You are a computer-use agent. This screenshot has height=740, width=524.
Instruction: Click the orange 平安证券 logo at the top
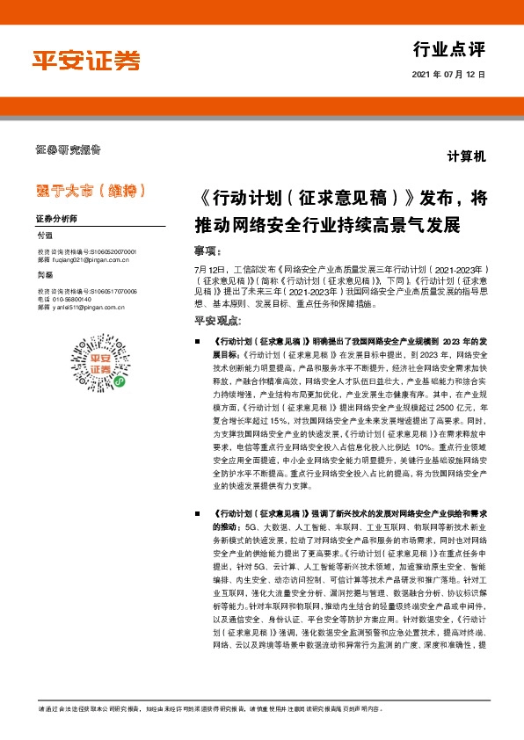tap(86, 61)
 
